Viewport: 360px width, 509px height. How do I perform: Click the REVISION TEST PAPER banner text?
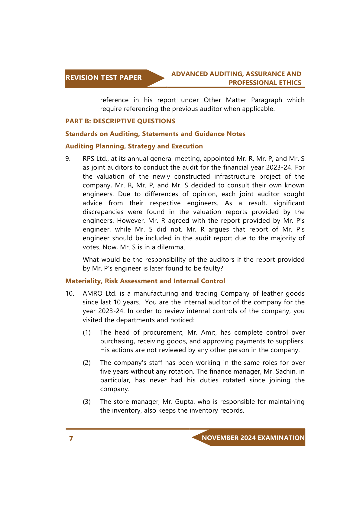pyautogui.click(x=103, y=78)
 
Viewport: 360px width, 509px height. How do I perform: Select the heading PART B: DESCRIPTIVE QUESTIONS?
pyautogui.click(x=120, y=121)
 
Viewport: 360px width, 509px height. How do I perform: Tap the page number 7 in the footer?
pyautogui.click(x=71, y=439)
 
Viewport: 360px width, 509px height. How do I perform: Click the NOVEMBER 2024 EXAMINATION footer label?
pyautogui.click(x=253, y=438)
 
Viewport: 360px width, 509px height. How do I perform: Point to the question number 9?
pyautogui.click(x=68, y=159)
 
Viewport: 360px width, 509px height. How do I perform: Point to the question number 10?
pyautogui.click(x=70, y=293)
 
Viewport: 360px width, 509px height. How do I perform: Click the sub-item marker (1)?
pyautogui.click(x=87, y=332)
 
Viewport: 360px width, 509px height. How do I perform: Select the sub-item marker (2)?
pyautogui.click(x=87, y=363)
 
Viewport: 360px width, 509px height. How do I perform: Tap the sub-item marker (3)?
pyautogui.click(x=87, y=402)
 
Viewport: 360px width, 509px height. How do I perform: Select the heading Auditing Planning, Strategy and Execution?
pyautogui.click(x=134, y=146)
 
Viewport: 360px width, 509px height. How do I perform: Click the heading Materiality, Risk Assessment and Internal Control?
pyautogui.click(x=145, y=281)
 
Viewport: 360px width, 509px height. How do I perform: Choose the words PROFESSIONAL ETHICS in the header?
pyautogui.click(x=265, y=83)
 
